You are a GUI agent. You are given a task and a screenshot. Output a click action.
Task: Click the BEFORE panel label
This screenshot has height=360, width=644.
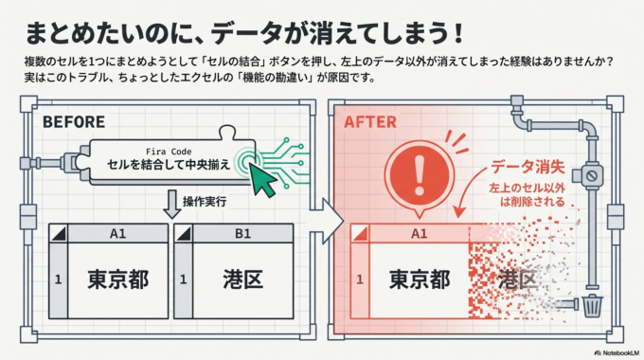coord(74,121)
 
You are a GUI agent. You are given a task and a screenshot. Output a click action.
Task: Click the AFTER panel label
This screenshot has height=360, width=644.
coord(370,121)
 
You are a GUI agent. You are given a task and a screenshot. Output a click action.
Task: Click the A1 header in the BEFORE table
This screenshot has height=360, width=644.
coord(117,233)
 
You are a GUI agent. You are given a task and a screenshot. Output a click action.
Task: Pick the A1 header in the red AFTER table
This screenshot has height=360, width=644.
coord(419,233)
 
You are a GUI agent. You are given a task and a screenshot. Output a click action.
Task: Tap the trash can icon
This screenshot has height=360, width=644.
coord(591,306)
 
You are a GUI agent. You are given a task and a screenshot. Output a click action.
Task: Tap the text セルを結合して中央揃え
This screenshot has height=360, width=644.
coord(169,165)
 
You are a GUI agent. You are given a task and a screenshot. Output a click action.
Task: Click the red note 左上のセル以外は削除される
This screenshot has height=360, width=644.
coord(526,195)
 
